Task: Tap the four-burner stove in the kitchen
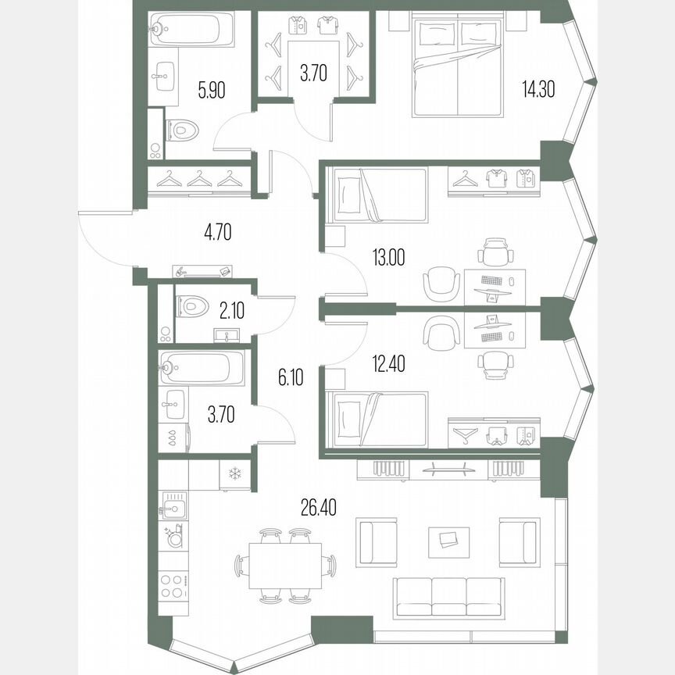(x=173, y=585)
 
